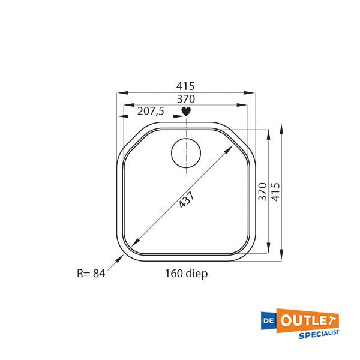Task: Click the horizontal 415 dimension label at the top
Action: (x=186, y=86)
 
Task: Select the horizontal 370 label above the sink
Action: (x=186, y=98)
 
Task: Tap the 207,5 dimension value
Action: (x=151, y=111)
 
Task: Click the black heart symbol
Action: (x=186, y=111)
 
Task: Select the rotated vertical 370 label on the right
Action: (x=262, y=192)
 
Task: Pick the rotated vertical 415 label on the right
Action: (x=275, y=192)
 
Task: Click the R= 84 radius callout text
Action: (x=91, y=274)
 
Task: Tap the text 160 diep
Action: (x=186, y=274)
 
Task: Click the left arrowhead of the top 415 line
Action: (x=121, y=92)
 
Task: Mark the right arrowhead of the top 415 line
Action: (x=253, y=92)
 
